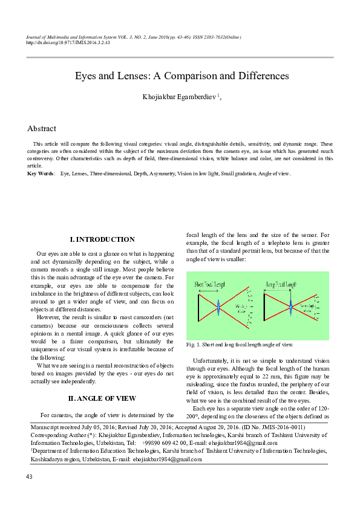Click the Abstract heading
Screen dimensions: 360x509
[42, 129]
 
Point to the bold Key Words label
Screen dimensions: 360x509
[41, 173]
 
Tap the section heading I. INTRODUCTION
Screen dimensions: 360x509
[102, 240]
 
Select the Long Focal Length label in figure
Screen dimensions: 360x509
[282, 284]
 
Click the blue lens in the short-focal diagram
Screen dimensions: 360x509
[219, 307]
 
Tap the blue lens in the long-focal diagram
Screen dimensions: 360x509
[290, 307]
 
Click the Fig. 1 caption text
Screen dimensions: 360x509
[240, 345]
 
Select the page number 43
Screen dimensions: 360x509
[29, 478]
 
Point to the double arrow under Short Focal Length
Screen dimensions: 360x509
[209, 291]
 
